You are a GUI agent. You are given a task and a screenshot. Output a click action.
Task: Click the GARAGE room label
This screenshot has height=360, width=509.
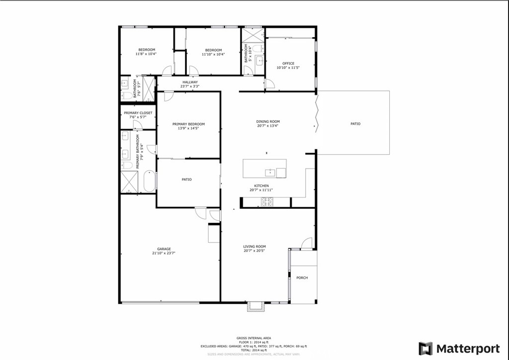coord(164,249)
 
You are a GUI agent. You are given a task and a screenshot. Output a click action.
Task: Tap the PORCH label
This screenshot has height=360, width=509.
coord(302,277)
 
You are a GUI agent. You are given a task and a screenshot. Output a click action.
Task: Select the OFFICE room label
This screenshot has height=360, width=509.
coord(288,63)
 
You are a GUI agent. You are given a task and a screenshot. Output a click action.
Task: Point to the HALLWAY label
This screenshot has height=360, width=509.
coord(190,82)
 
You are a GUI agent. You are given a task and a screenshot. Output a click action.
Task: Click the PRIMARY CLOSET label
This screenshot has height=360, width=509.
coord(138,113)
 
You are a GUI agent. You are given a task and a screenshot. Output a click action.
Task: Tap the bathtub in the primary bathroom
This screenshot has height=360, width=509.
coord(149,181)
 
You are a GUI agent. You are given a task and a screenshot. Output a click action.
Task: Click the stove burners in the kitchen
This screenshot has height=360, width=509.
coord(267,201)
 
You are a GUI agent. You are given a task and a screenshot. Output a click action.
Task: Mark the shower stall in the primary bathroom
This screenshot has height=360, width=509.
coord(130,181)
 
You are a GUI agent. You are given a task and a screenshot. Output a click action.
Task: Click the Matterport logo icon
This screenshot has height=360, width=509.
coord(425,348)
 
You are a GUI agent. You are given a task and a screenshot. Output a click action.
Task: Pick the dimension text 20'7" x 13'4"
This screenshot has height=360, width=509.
coord(268,126)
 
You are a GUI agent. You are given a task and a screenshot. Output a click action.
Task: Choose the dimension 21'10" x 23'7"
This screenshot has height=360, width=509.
coord(164,253)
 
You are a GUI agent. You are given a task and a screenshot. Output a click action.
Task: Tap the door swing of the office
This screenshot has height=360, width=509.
coord(269,84)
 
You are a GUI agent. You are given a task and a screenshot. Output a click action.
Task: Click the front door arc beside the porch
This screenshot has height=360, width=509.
coord(307,243)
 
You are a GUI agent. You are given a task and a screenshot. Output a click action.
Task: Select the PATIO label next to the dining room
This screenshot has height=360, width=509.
coord(355,124)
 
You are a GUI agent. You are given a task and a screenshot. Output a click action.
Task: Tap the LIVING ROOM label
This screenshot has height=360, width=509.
coord(254,247)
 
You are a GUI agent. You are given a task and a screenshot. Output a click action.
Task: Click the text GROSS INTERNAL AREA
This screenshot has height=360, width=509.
coord(254,338)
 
